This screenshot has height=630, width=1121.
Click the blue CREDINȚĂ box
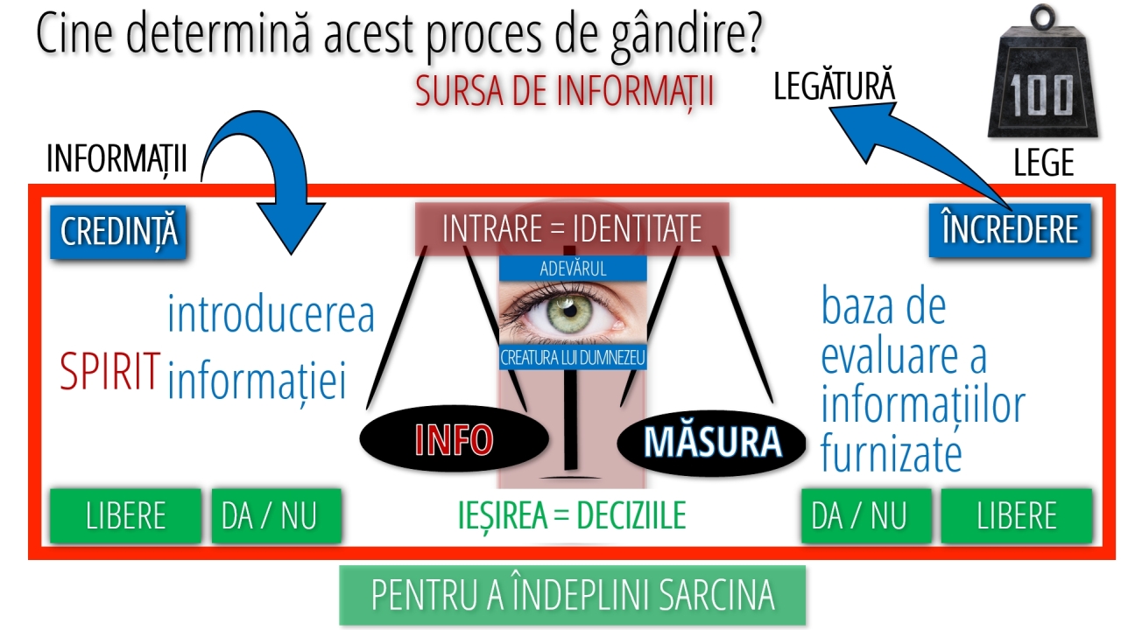tap(118, 232)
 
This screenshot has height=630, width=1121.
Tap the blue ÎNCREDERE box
tap(1010, 230)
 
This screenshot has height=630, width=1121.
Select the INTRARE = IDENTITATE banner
tap(572, 229)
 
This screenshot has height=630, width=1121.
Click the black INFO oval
tap(455, 439)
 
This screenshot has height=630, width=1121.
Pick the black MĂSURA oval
tap(712, 442)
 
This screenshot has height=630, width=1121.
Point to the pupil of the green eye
tap(570, 311)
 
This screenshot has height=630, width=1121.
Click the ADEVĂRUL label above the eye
tap(573, 269)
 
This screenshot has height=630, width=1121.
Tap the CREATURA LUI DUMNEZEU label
tap(573, 358)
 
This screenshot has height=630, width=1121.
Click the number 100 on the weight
tap(1041, 96)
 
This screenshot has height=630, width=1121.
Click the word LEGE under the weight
tap(1044, 162)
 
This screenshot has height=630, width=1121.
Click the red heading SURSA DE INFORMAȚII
tap(565, 92)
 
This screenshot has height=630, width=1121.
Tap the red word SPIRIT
tap(110, 371)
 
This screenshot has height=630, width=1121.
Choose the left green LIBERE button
tap(125, 515)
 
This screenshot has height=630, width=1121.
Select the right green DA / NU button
tap(866, 515)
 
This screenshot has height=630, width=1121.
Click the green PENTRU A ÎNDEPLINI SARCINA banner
tap(573, 595)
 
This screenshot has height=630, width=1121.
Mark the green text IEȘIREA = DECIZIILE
tap(572, 515)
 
